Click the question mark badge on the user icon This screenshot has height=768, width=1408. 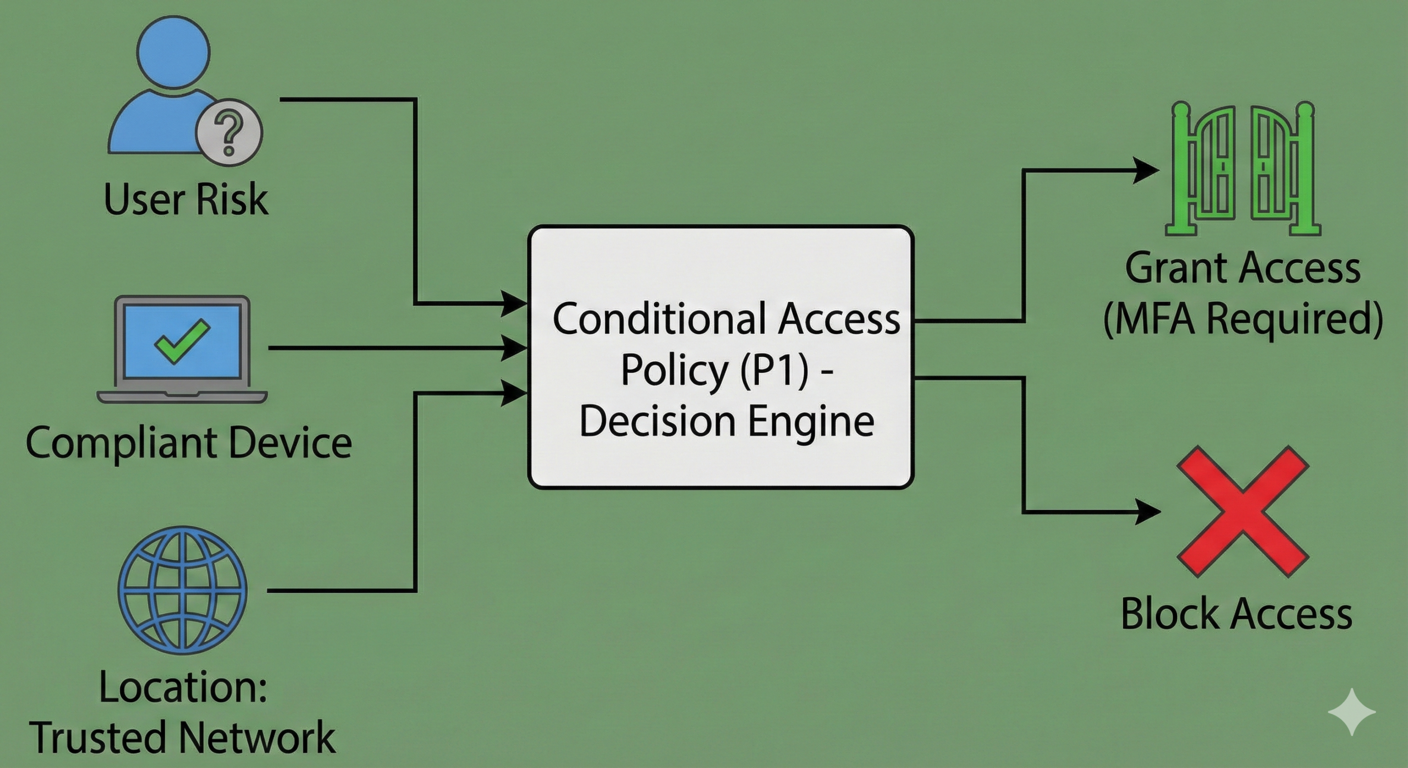[229, 134]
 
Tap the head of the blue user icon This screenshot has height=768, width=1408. [174, 51]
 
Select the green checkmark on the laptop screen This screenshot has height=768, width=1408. [182, 342]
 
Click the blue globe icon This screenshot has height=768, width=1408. [183, 590]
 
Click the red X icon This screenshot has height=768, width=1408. [1242, 512]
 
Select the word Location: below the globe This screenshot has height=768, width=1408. [183, 688]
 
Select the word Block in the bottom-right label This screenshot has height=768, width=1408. [1168, 614]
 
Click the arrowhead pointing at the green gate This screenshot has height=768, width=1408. [1147, 171]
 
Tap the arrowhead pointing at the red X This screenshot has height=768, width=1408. [1148, 512]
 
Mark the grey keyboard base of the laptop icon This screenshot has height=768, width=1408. [182, 396]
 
